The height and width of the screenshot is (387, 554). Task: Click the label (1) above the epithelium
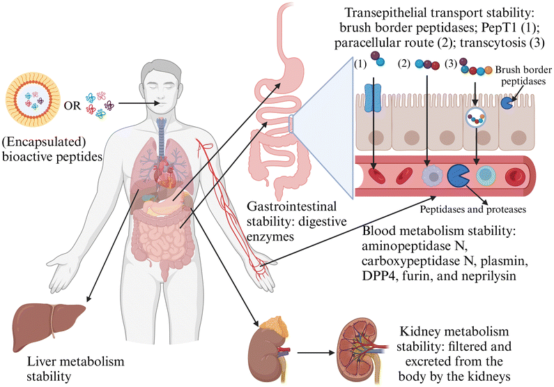(360, 64)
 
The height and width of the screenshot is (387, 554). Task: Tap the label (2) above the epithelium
(404, 64)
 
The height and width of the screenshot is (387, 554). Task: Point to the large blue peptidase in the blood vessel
(458, 176)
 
